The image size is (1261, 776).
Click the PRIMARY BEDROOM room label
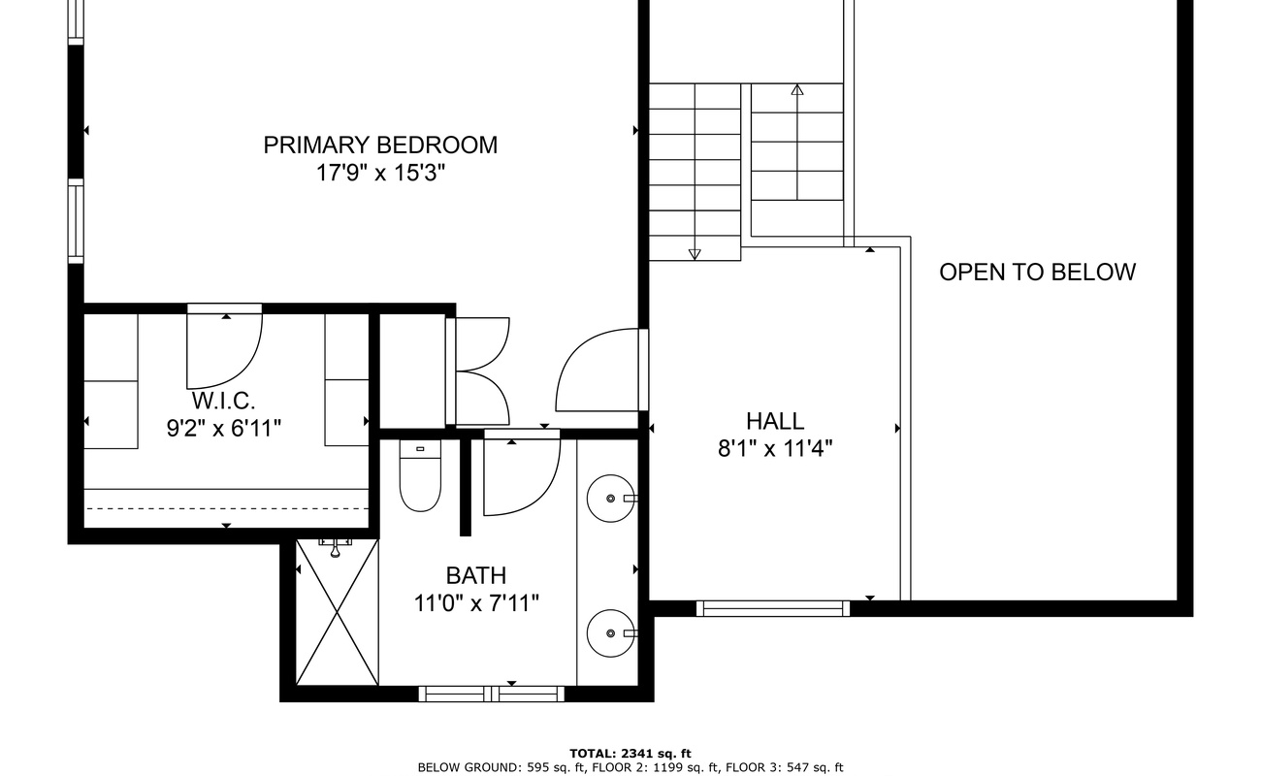380,145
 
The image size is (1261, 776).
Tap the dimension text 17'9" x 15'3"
380,173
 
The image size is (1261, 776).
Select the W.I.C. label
223,401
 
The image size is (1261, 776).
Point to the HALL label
775,421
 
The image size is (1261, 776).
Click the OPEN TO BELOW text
1038,273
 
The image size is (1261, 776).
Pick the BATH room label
476,576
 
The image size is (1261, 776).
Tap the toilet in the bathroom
420,476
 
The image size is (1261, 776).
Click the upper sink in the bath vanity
612,499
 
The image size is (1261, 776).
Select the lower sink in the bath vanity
612,633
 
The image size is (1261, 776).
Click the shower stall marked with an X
337,612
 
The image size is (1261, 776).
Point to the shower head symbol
335,547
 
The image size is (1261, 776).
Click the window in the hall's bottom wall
773,609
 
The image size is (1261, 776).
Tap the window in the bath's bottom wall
492,694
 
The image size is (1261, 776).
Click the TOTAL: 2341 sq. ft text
630,754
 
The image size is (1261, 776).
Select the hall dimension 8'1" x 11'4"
775,449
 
